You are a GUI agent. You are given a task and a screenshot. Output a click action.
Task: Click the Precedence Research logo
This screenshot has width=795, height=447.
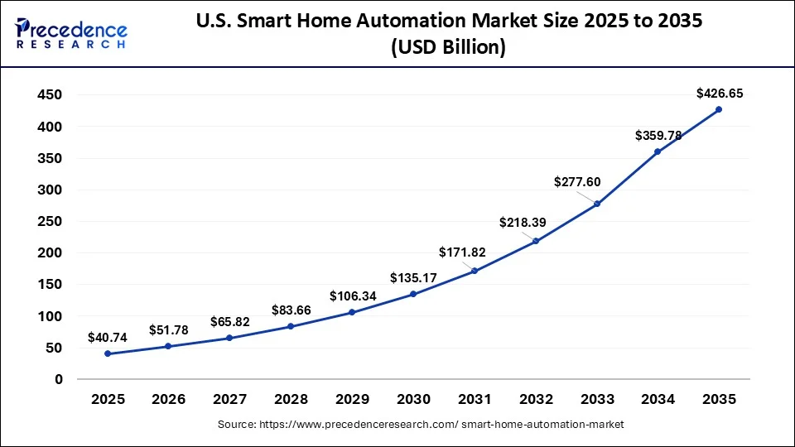pyautogui.click(x=71, y=32)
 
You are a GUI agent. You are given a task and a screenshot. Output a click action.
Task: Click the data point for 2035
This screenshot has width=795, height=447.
pyautogui.click(x=718, y=109)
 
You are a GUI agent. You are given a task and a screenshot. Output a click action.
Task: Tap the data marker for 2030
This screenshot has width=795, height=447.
pyautogui.click(x=413, y=294)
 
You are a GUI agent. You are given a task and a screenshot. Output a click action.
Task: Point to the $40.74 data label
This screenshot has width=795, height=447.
pyautogui.click(x=108, y=338)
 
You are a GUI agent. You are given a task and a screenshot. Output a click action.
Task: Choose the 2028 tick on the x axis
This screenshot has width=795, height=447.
pyautogui.click(x=291, y=399)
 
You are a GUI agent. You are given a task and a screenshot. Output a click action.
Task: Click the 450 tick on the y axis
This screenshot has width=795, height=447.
pyautogui.click(x=50, y=95)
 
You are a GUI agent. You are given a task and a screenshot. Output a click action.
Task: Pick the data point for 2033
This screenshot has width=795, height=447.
pyautogui.click(x=596, y=204)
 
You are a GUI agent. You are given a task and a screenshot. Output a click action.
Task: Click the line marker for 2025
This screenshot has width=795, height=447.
pyautogui.click(x=108, y=353)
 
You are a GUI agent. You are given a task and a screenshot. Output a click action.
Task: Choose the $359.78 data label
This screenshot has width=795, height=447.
pyautogui.click(x=658, y=135)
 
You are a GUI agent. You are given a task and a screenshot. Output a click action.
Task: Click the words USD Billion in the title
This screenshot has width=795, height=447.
pyautogui.click(x=447, y=48)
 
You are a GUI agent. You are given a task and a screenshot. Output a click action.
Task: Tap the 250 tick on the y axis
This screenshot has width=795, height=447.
pyautogui.click(x=50, y=221)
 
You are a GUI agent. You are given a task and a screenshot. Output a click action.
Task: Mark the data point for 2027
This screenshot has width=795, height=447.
pyautogui.click(x=229, y=338)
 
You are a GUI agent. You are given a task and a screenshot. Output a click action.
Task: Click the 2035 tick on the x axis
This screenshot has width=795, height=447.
pyautogui.click(x=718, y=399)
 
